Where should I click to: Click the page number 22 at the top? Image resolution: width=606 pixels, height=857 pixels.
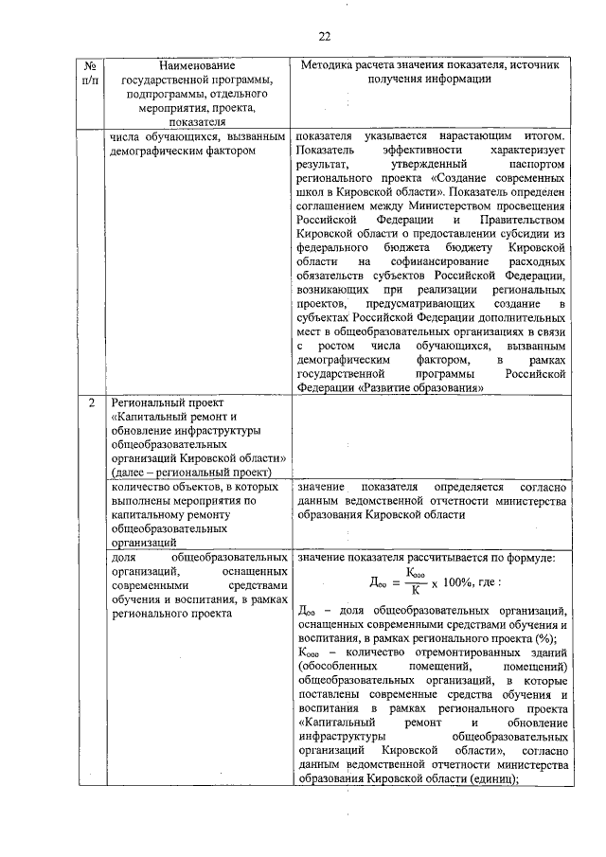click(324, 37)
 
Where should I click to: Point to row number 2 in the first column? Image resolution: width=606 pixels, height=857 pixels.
click(91, 403)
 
